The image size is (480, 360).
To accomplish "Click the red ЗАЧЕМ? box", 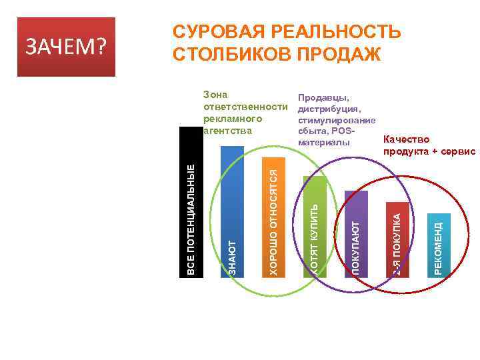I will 67,47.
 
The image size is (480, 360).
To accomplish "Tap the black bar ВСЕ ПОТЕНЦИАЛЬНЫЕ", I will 191,201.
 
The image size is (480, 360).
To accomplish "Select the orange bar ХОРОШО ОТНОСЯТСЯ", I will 273,217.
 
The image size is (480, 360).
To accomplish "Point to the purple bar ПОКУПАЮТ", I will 356,233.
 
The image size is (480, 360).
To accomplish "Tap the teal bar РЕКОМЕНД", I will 437,243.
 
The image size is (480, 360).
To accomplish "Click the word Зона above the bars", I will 216,96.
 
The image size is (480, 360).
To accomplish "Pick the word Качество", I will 407,140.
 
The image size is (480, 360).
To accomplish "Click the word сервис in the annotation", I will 457,151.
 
